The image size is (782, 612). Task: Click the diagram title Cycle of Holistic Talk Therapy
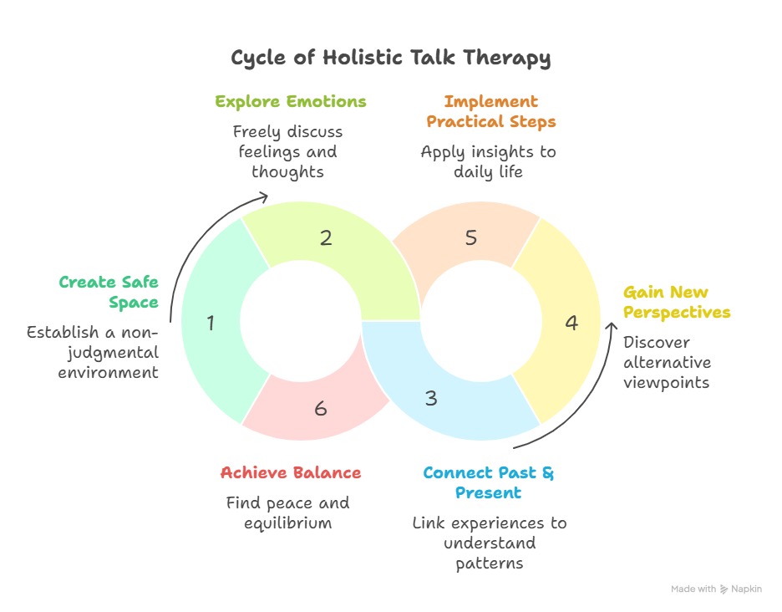point(391,58)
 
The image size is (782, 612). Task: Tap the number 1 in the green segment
point(211,322)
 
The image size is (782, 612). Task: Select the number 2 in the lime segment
point(326,237)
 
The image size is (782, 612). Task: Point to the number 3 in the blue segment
point(430,398)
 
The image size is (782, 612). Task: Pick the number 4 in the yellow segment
point(571,322)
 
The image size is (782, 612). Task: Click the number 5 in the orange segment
point(471,237)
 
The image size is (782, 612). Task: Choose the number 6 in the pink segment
point(321,409)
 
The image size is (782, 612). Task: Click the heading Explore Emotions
point(291,102)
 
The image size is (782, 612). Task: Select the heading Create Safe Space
point(109,292)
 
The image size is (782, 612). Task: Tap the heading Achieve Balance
point(291,473)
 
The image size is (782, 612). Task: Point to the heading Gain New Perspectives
point(677,303)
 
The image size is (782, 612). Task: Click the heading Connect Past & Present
point(489,482)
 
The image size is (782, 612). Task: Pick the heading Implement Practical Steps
point(491,111)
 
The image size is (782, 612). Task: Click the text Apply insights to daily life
point(489,161)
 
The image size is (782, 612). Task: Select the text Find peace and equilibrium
point(287,513)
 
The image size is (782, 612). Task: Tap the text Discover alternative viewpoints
point(668,362)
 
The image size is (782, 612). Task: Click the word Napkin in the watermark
point(745,589)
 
